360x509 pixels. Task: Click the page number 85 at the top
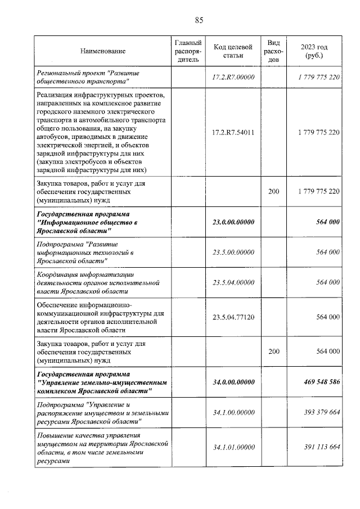[199, 20]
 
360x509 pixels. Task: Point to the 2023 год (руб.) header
[314, 51]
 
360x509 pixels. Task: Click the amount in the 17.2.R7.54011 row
[318, 133]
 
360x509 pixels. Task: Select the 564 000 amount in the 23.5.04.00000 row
[328, 282]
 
